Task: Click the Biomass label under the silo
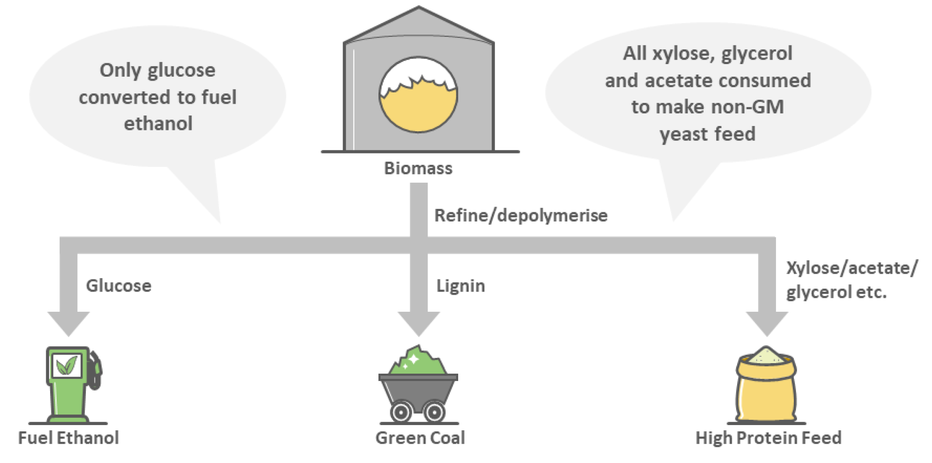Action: tap(418, 168)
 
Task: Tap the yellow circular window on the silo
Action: tap(418, 95)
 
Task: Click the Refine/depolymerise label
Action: tap(521, 215)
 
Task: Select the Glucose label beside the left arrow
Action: tap(119, 286)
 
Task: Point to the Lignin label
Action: tap(461, 286)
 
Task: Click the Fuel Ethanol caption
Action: tap(68, 438)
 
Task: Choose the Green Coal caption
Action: tap(420, 438)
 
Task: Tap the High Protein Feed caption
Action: tap(769, 438)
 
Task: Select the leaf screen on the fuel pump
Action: tap(67, 365)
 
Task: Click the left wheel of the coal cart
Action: tap(401, 412)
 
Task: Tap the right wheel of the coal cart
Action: tap(434, 412)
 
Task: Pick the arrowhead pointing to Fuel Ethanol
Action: tap(68, 324)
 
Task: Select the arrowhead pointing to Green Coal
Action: tap(418, 324)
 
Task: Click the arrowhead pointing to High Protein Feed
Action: tap(767, 324)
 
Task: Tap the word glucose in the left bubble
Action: tap(181, 71)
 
